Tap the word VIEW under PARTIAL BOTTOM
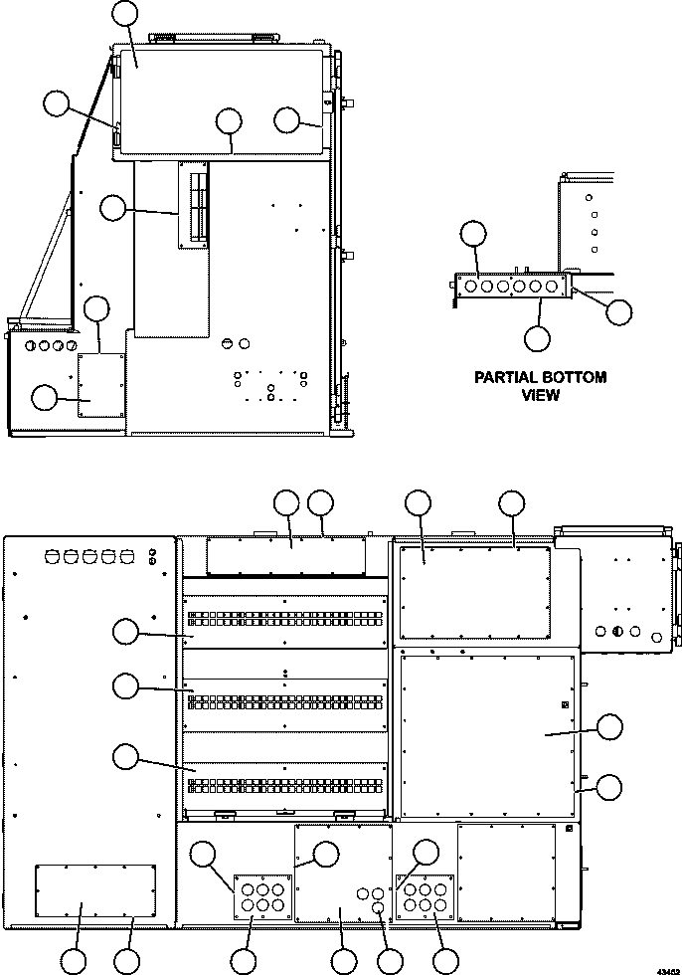pyautogui.click(x=541, y=395)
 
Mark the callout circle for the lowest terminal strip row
pyautogui.click(x=125, y=756)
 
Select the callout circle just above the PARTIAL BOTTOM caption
pyautogui.click(x=537, y=337)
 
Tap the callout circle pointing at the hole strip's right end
pyautogui.click(x=618, y=311)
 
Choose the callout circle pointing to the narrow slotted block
pyautogui.click(x=114, y=208)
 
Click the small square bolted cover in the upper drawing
pyautogui.click(x=99, y=383)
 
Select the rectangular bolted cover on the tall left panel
pyautogui.click(x=95, y=890)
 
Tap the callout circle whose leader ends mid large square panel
pyautogui.click(x=609, y=727)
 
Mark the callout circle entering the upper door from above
pyautogui.click(x=125, y=13)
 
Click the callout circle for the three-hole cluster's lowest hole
pyautogui.click(x=390, y=961)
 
